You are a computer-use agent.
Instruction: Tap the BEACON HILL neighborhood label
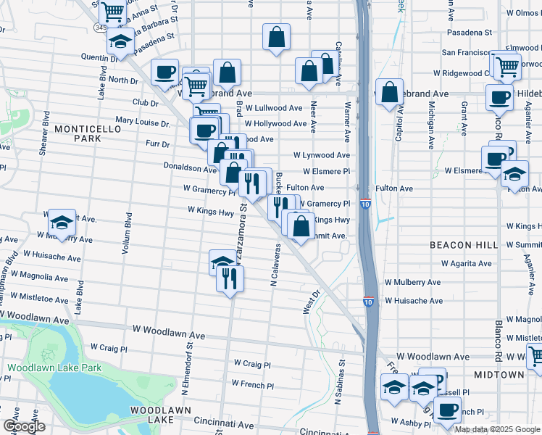(x=464, y=245)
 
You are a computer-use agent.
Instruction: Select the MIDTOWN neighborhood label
(x=499, y=374)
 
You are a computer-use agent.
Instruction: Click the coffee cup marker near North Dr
(x=165, y=72)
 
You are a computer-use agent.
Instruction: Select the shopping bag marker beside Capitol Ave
(x=390, y=92)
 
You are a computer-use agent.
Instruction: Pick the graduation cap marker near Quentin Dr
(x=120, y=41)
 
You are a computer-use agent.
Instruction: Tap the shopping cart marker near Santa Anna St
(x=112, y=11)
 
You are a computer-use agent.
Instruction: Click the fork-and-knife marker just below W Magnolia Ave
(x=230, y=279)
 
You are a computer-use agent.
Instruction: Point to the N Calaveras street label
(x=275, y=264)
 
